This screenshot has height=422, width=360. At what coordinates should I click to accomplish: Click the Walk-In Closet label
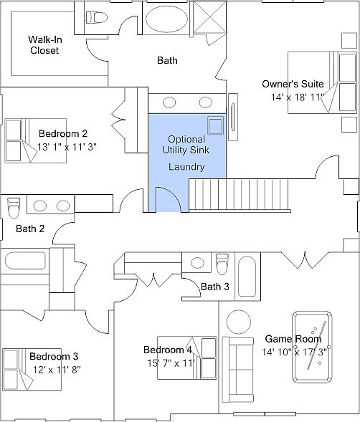click(44, 45)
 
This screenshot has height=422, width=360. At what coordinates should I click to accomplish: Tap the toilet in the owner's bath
click(96, 17)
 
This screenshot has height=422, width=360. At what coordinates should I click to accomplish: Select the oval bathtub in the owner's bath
click(166, 19)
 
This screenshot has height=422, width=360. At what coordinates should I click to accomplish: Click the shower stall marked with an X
click(209, 17)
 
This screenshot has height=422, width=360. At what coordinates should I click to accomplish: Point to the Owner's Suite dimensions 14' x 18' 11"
click(297, 97)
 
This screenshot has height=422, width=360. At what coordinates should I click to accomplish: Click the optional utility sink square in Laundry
click(216, 125)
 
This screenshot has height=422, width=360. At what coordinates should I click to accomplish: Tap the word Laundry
click(186, 167)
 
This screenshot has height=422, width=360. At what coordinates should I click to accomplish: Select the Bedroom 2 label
click(63, 133)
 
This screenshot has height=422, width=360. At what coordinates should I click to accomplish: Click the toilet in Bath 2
click(13, 208)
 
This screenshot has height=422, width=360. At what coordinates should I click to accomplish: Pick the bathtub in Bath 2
click(25, 261)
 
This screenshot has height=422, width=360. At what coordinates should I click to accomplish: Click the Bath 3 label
click(215, 287)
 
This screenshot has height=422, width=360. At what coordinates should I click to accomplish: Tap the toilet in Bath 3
click(222, 264)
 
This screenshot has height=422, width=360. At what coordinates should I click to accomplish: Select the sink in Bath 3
click(197, 263)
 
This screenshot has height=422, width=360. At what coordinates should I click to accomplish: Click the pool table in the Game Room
click(312, 347)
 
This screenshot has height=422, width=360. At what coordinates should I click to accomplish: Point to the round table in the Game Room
click(239, 322)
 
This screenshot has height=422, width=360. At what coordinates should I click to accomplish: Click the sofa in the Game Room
click(238, 369)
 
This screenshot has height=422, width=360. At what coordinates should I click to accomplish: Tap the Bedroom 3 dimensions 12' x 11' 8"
click(57, 370)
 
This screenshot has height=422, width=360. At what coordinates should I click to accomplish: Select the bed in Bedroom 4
click(187, 358)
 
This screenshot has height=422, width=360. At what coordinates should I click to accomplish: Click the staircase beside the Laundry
click(240, 195)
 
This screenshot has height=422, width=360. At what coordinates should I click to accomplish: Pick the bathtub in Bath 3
click(247, 277)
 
